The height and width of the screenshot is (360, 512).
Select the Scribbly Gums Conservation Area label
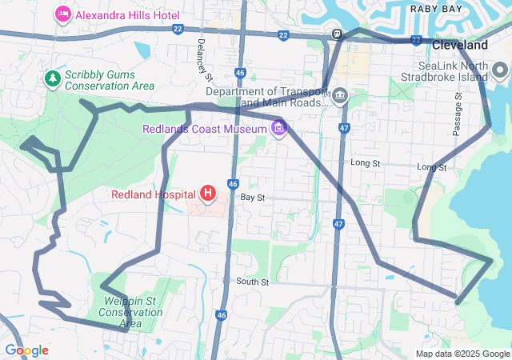[109, 79]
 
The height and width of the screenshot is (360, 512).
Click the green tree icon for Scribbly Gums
[53, 78]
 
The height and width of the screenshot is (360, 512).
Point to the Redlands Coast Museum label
[204, 129]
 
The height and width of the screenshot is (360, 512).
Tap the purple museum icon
[278, 128]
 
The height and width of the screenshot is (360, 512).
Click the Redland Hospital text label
[154, 194]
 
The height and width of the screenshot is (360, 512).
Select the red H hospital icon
[208, 193]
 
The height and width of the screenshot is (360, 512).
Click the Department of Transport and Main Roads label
[266, 97]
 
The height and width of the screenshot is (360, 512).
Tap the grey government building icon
[341, 97]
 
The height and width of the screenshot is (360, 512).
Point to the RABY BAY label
[437, 8]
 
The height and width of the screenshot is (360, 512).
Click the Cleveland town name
[462, 45]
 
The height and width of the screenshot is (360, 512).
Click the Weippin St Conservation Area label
[130, 312]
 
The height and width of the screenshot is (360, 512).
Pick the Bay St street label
[252, 196]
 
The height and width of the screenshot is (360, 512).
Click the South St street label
[252, 282]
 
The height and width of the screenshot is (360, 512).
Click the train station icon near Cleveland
[338, 34]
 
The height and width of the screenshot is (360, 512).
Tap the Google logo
[26, 350]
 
